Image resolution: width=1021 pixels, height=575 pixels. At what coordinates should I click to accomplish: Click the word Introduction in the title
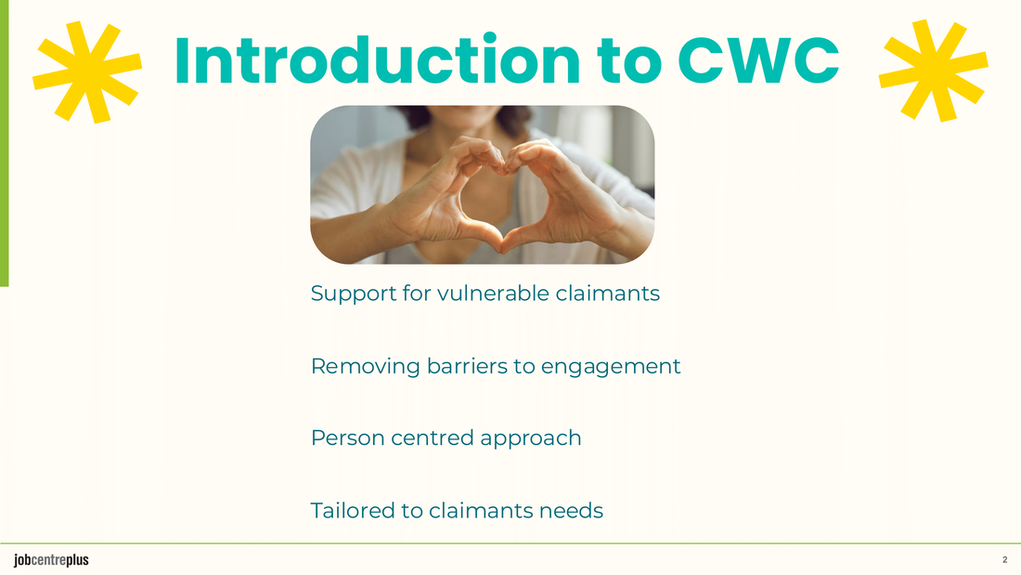(377, 60)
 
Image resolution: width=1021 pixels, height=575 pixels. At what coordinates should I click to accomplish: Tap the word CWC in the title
(758, 60)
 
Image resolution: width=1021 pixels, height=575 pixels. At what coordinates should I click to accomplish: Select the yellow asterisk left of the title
(87, 72)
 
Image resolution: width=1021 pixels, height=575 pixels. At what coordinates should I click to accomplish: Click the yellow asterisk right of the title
(933, 71)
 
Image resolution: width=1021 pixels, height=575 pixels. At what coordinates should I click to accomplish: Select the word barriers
(466, 366)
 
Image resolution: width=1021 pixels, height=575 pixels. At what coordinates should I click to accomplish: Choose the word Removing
(366, 367)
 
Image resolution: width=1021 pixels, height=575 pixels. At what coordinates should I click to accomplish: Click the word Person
(348, 438)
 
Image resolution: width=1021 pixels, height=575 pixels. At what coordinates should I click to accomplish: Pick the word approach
(530, 439)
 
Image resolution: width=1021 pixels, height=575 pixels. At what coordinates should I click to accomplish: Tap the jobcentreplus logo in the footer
(51, 560)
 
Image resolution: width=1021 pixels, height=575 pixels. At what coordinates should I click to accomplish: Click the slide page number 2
(1004, 560)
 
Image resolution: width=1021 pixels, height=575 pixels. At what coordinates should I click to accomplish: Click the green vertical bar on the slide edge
(4, 143)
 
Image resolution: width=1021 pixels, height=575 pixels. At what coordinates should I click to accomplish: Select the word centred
(433, 438)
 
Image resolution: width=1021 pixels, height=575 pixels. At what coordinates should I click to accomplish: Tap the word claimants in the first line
(608, 294)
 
